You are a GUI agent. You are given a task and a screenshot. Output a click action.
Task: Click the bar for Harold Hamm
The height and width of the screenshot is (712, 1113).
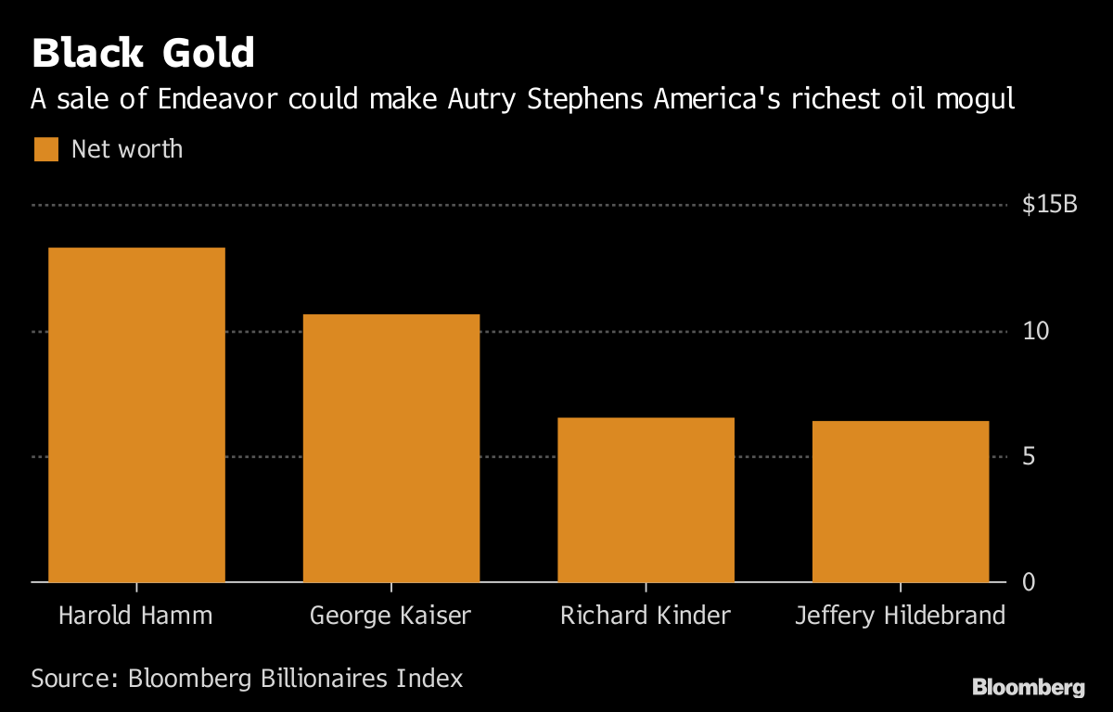coord(136,414)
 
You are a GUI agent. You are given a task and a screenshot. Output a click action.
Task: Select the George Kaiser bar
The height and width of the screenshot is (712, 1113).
coord(390,448)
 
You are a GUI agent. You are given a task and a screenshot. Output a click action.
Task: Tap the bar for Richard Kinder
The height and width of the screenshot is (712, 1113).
coord(646,500)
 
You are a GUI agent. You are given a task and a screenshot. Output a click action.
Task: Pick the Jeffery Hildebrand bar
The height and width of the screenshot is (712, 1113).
coord(900,502)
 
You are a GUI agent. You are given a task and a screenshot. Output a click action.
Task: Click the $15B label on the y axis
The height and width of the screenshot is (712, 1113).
coord(1049,205)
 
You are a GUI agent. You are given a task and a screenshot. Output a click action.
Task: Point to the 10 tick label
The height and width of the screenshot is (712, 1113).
coord(1035,331)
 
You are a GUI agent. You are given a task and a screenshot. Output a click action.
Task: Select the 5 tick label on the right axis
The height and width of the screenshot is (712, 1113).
coord(1029,457)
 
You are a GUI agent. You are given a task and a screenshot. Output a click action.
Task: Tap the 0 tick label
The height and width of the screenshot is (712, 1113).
coord(1029,582)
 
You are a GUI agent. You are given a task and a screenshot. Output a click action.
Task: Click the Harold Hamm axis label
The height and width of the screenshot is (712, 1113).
coord(135,616)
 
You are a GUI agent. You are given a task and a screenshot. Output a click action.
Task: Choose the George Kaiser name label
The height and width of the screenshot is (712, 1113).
coord(390,616)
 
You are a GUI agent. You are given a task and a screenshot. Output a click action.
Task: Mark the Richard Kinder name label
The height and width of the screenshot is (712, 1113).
coord(646,616)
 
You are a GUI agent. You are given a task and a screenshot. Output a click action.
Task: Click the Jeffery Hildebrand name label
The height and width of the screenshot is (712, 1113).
coord(900,616)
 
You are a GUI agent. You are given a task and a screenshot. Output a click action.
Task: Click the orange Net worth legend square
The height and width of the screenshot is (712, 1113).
coord(45,149)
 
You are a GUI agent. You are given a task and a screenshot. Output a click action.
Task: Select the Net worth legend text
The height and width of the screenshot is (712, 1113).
coord(127,149)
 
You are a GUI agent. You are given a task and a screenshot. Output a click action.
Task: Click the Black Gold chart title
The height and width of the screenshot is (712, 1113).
coord(143,54)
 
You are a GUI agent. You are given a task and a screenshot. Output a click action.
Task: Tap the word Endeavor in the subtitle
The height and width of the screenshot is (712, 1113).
coord(216,99)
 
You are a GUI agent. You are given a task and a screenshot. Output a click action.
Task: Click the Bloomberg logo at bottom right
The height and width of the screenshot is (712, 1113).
coord(1028,687)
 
